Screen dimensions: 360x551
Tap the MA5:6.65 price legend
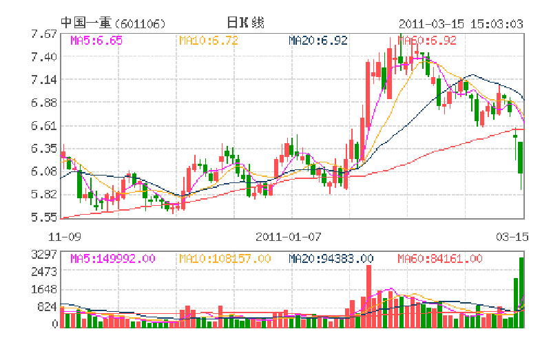coord(96,41)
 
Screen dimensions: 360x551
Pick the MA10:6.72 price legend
coord(209,41)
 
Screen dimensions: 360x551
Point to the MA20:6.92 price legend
coord(318,41)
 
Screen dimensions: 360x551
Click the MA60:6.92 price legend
coord(427,41)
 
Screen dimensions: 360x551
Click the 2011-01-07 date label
coord(289,236)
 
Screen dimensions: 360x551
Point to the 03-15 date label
coord(512,236)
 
